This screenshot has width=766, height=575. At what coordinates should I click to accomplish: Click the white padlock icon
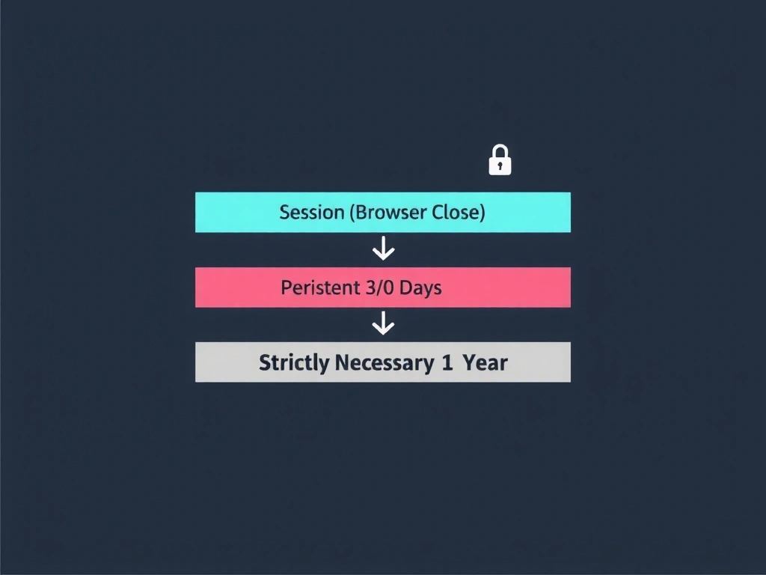(x=500, y=161)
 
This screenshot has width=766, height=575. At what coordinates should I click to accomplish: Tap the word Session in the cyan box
(x=312, y=213)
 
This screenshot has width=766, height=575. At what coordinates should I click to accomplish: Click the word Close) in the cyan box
(x=459, y=213)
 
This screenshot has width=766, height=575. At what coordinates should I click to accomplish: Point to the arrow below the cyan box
(x=383, y=249)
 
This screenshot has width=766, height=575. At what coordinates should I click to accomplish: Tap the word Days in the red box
(x=420, y=287)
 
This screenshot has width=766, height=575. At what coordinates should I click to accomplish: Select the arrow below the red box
(x=383, y=324)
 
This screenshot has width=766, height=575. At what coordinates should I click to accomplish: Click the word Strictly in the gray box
(x=294, y=363)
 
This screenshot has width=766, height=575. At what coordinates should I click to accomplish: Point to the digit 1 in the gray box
(x=447, y=363)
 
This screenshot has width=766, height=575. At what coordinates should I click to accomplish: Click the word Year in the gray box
(x=485, y=363)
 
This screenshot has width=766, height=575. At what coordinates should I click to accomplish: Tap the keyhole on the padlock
(x=500, y=165)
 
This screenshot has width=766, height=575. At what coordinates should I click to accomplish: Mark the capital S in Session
(x=284, y=213)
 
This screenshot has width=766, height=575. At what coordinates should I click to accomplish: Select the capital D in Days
(x=405, y=287)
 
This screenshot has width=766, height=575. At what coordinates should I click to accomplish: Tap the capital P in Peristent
(x=286, y=287)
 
